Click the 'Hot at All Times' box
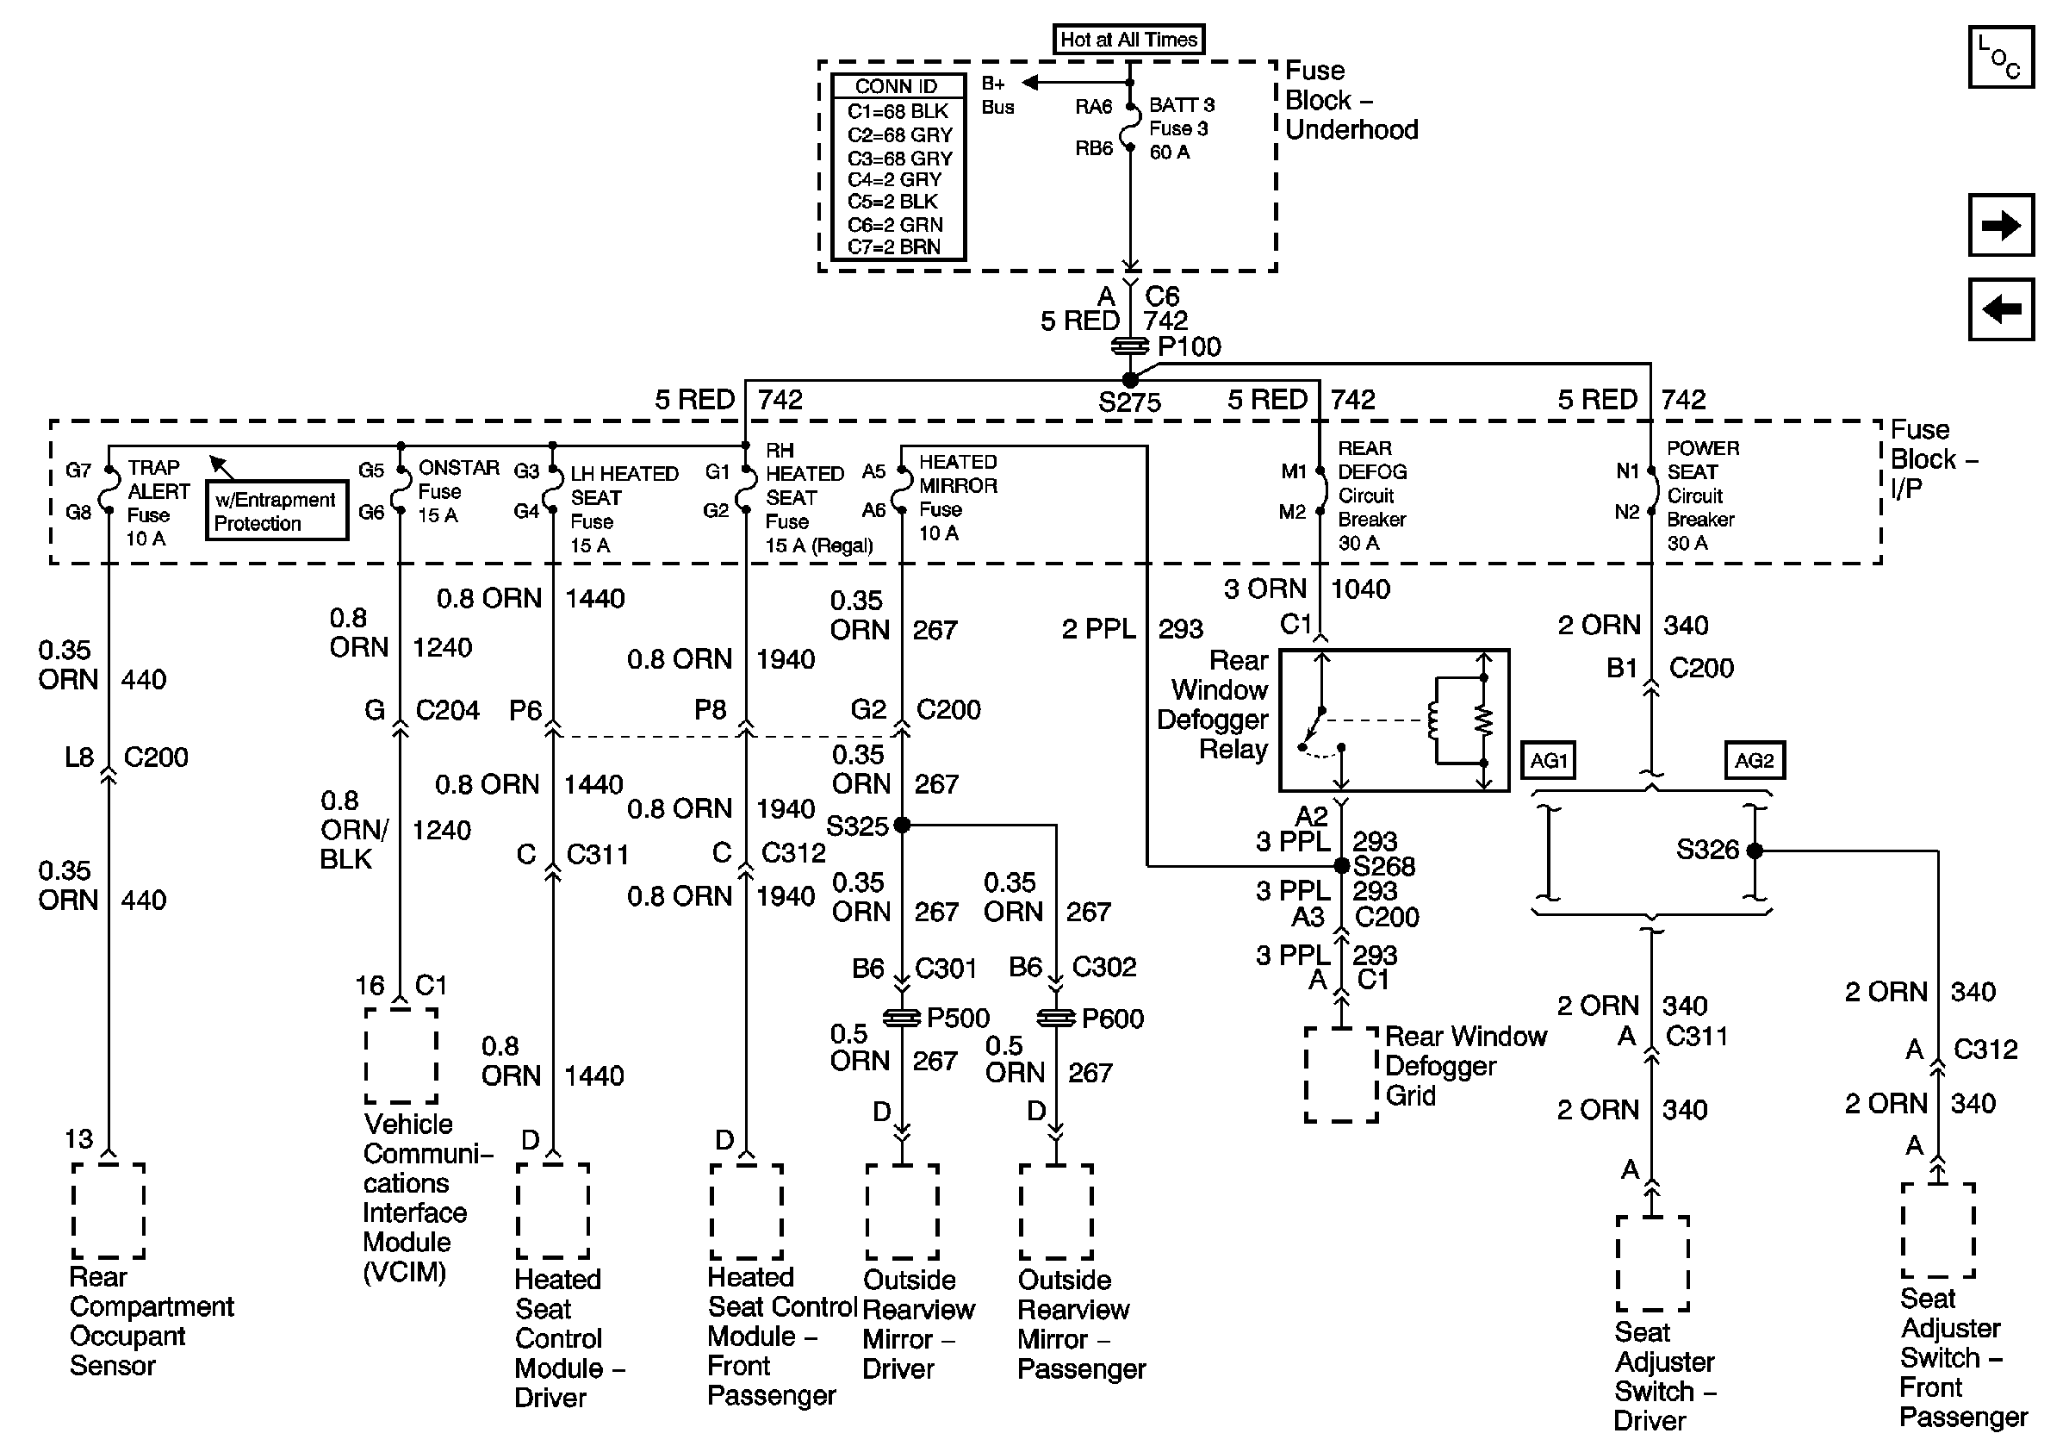click(1128, 40)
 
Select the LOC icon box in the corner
click(2000, 58)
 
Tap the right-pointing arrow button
click(2000, 224)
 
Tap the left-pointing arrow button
click(2000, 309)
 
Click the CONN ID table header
click(897, 86)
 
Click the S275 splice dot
click(1130, 380)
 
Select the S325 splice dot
click(902, 825)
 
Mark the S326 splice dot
click(1755, 850)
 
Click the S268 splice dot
click(1341, 866)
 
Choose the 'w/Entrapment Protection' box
click(276, 511)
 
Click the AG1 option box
click(1549, 761)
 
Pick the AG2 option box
click(1754, 761)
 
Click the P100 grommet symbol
click(1130, 346)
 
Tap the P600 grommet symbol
click(1056, 1018)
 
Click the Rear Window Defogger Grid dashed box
click(1341, 1075)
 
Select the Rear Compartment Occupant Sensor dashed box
click(109, 1211)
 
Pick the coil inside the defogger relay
click(1432, 720)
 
